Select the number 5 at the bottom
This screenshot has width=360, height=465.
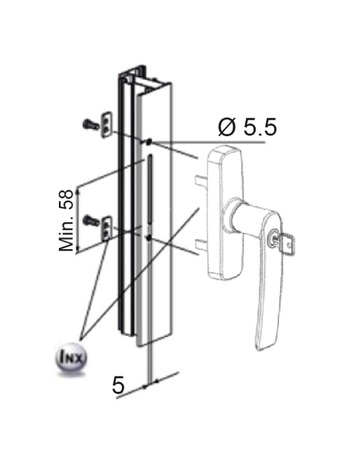119,386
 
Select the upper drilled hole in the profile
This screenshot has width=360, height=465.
148,142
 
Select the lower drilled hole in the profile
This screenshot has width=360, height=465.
148,237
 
